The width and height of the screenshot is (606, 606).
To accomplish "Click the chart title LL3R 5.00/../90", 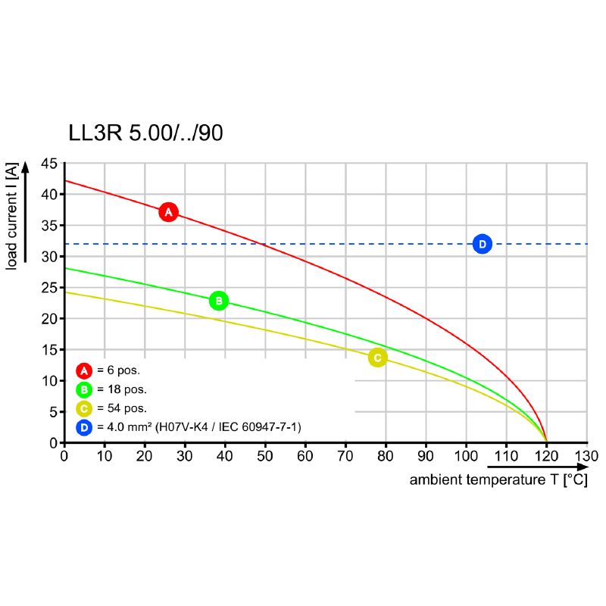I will (x=145, y=134).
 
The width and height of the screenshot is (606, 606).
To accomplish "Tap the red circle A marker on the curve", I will (x=168, y=212).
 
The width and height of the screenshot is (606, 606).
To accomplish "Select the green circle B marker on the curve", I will (x=218, y=301).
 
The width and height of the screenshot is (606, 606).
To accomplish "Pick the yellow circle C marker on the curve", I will (x=377, y=358).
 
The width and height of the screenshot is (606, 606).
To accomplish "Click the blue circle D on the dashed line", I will (x=482, y=244).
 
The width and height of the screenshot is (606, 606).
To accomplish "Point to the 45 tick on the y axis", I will (x=48, y=164).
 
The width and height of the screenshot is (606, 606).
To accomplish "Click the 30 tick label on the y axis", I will (x=48, y=257).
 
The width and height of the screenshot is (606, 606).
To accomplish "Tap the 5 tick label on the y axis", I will (x=52, y=412).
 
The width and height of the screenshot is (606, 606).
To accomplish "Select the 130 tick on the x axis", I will (x=586, y=456).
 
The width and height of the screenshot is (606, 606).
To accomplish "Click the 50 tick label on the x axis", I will (x=265, y=456).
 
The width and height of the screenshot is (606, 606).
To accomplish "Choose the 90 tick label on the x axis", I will (x=426, y=456).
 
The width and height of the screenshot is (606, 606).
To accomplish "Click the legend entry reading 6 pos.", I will (x=119, y=371).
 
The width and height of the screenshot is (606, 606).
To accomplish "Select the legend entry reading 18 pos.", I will (x=122, y=390).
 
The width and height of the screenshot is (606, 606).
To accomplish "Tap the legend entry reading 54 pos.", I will (x=122, y=409).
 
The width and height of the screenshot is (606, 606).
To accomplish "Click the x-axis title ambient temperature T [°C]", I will (x=498, y=480).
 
